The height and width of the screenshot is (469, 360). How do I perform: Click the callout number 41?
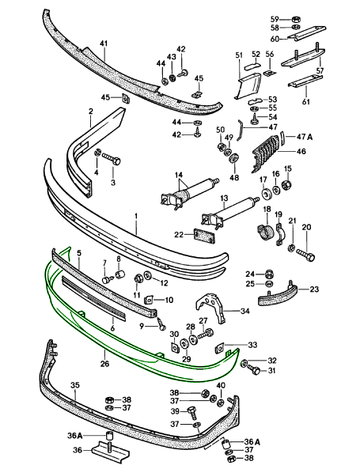point(104,44)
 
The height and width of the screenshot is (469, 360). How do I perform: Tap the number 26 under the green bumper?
point(104,364)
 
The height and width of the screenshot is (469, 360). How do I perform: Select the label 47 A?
point(305,137)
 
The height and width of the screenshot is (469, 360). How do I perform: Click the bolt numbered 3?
point(112,158)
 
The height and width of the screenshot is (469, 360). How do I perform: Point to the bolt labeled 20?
point(306,255)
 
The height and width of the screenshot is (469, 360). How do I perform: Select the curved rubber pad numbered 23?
point(278,295)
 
